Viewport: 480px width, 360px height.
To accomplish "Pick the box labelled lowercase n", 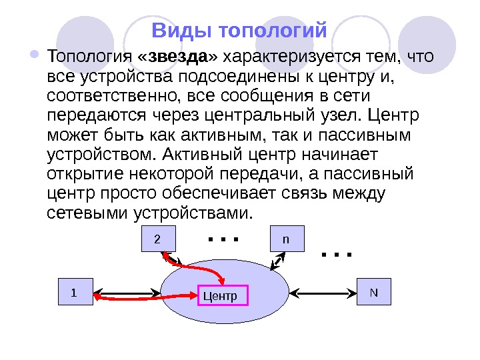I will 286,239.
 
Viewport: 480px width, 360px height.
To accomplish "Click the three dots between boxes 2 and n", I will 223,238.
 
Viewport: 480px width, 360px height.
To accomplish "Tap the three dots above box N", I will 335,253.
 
